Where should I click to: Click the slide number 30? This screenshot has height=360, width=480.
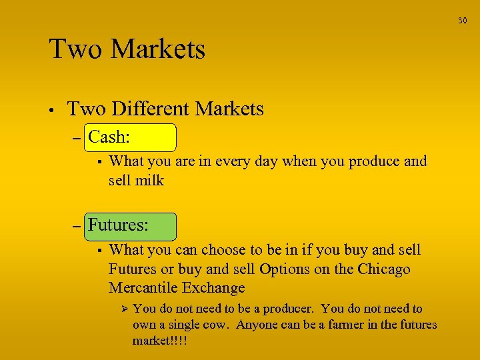[x=462, y=21]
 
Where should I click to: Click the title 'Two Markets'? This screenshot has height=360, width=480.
[x=127, y=49]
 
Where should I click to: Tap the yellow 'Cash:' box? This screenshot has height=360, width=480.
[x=131, y=137]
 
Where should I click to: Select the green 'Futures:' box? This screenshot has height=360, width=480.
[x=131, y=225]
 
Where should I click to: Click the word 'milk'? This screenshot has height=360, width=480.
[x=149, y=180]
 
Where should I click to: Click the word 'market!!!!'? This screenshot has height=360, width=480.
[x=159, y=340]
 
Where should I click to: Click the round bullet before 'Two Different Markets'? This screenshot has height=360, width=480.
[x=51, y=110]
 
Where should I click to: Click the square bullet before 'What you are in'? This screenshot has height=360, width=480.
[x=98, y=161]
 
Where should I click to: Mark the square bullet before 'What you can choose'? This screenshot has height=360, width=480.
[x=98, y=251]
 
